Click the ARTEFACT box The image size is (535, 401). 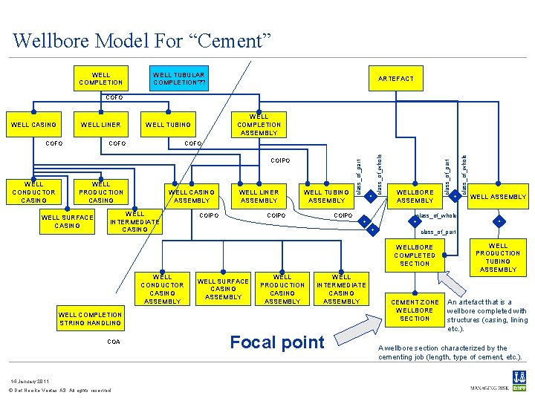396,78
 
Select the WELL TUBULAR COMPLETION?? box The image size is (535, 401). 178,79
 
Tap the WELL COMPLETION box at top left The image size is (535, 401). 100,79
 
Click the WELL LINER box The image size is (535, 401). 100,125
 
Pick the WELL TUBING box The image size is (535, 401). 168,125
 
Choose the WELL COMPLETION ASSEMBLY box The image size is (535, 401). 259,125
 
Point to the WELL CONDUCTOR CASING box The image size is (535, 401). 33,192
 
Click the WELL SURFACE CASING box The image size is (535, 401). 68,221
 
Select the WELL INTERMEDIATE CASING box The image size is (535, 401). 134,221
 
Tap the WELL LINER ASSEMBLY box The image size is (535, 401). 259,196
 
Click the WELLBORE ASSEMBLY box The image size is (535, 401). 415,196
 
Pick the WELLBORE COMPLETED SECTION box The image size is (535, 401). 415,255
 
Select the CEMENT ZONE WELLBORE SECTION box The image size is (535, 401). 415,310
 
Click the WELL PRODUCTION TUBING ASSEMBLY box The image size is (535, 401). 498,257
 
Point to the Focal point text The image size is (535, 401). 277,342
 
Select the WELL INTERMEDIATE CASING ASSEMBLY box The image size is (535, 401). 341,289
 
